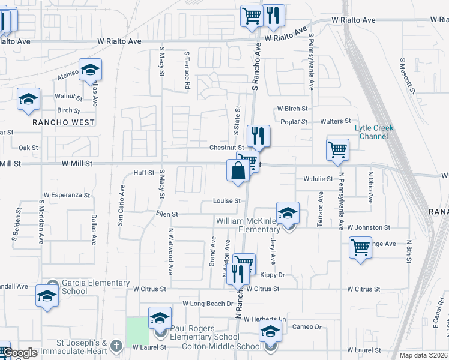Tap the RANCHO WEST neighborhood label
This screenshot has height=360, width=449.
(64, 122)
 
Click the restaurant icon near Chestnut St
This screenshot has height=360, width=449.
(258, 137)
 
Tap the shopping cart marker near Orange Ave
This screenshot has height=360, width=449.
(360, 247)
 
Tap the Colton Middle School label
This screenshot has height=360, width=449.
(223, 346)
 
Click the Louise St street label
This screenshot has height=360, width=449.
(226, 201)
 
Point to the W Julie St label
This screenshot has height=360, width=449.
(318, 179)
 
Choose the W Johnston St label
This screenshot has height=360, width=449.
(369, 228)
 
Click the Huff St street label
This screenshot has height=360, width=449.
(144, 173)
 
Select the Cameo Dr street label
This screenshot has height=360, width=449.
(307, 327)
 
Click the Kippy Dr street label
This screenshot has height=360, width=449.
(273, 275)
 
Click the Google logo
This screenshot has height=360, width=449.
(20, 353)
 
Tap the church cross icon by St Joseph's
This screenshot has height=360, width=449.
(116, 346)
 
